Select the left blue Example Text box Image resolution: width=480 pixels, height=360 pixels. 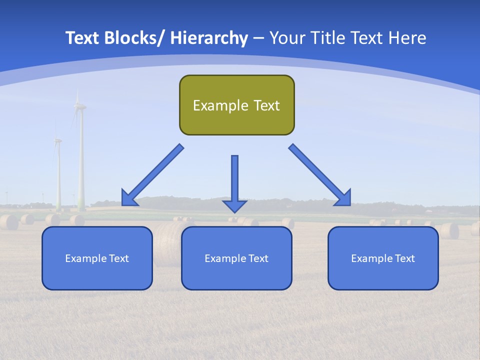97,258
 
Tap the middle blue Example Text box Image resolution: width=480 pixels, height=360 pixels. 236,258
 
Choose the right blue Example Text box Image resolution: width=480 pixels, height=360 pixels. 383,258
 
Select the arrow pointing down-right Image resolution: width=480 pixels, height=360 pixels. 320,175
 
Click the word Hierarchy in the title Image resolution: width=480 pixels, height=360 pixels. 209,38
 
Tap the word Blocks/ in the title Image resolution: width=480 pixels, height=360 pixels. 134,38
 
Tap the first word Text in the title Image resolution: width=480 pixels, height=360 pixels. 83,38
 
